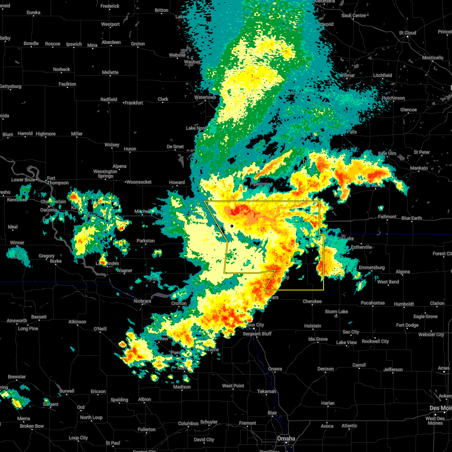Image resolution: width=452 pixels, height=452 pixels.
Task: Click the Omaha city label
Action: [286, 439]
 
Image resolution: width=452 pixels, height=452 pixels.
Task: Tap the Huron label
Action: [130, 149]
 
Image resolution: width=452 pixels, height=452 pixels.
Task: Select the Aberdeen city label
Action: [111, 42]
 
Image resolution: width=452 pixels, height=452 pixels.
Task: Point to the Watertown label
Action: [205, 97]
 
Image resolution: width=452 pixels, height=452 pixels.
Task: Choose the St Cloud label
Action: [408, 33]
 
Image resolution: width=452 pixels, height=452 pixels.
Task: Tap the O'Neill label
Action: [100, 329]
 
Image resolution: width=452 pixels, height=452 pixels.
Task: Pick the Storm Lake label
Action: [336, 312]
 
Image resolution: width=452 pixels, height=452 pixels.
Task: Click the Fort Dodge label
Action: [407, 325]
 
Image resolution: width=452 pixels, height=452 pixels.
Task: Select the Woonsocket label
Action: [139, 182]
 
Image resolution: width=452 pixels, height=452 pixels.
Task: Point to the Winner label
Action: [17, 243]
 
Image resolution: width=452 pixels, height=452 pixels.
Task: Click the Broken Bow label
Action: [32, 426]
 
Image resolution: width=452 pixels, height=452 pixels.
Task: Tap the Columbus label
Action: [188, 423]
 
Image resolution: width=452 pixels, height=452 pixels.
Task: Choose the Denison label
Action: [325, 369]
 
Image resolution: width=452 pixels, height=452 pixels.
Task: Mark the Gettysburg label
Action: [10, 86]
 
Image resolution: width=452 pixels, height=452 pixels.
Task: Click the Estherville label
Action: [361, 247]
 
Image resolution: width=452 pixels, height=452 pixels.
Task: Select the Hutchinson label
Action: [393, 98]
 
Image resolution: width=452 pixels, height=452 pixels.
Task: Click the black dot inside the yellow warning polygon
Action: [232, 226]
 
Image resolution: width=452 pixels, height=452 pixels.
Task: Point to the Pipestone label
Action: [260, 184]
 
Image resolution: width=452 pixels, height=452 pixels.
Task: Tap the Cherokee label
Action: [312, 301]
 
